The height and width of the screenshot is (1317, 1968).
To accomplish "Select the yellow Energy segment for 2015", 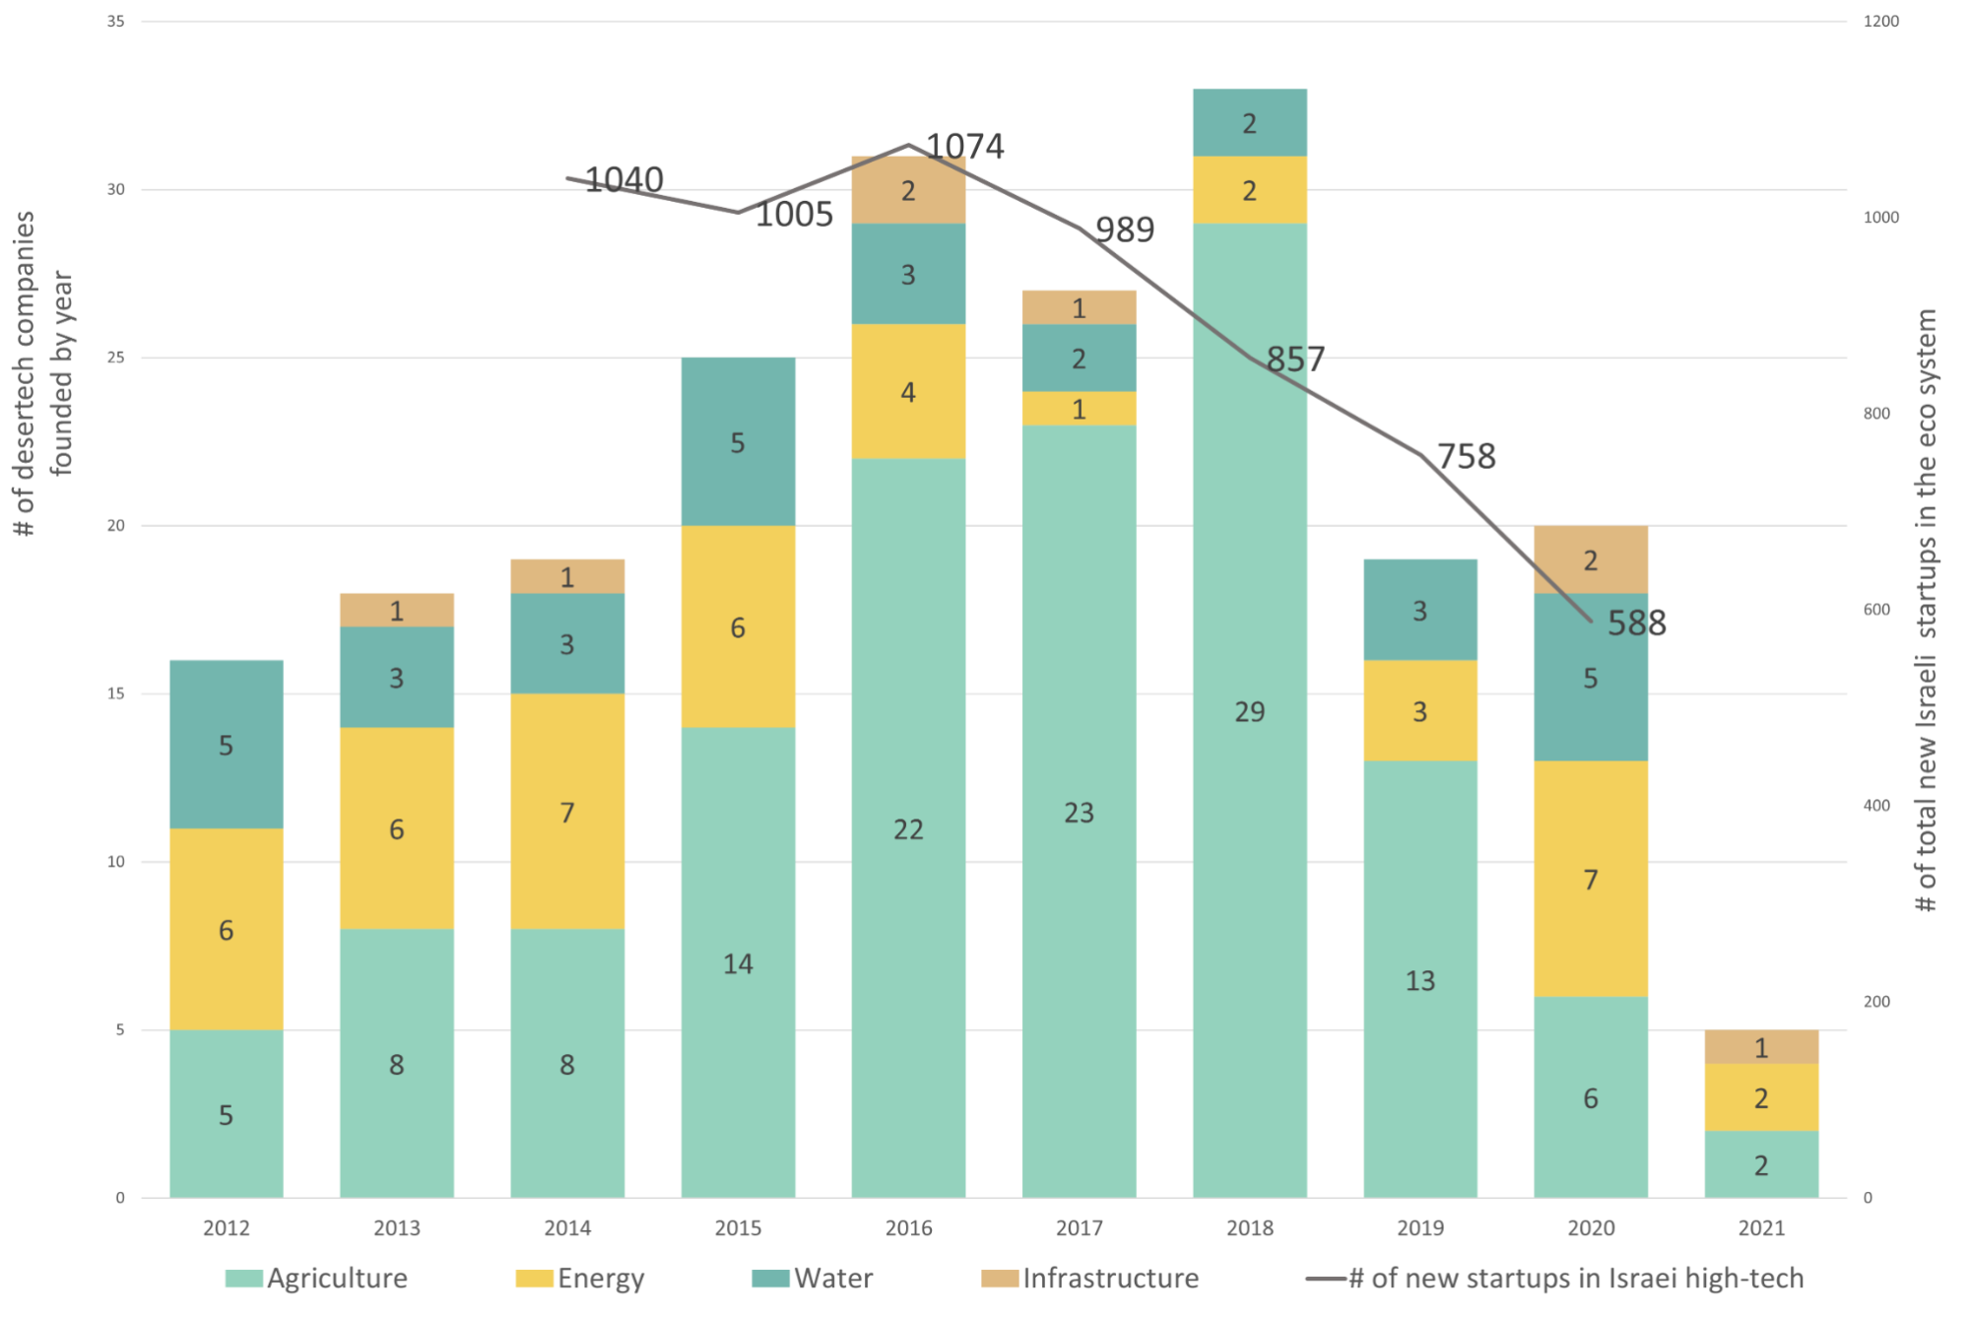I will (x=738, y=626).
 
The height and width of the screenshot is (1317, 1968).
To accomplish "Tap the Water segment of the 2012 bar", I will (x=226, y=745).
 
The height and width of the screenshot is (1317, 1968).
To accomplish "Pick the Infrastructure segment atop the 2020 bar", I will (x=1591, y=560).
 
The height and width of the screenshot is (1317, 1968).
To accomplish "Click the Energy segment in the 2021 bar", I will (x=1761, y=1097).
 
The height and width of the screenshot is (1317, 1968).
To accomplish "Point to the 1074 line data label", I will (x=965, y=147).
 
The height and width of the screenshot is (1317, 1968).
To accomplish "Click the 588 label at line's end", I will (x=1637, y=623).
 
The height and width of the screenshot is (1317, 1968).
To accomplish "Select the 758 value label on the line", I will (x=1466, y=456).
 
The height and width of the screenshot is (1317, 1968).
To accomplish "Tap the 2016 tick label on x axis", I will (x=908, y=1228).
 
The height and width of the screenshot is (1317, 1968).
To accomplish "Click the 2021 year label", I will (x=1761, y=1228).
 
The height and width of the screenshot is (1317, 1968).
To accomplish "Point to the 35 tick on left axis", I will (x=115, y=21).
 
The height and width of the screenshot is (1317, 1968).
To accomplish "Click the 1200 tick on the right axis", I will (x=1880, y=21).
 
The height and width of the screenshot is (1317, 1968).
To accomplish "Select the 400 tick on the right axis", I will (x=1876, y=806).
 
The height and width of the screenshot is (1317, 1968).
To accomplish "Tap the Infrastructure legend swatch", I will (x=999, y=1279).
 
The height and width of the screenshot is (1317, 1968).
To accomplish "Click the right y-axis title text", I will (x=1926, y=611).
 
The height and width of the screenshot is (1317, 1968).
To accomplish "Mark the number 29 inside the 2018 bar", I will (x=1249, y=711).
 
